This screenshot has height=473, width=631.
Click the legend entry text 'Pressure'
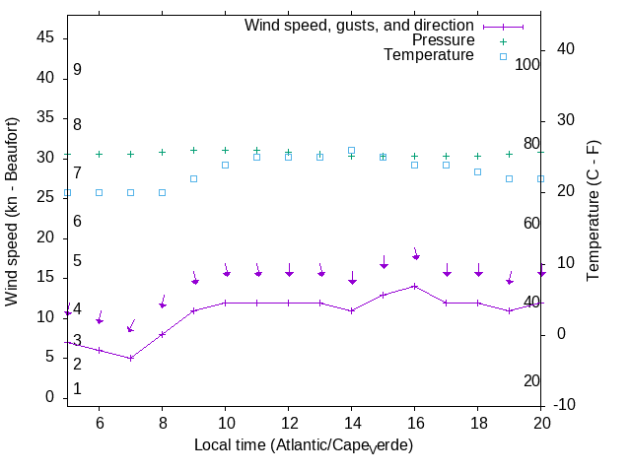coord(443,40)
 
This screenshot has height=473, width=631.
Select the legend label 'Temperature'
coord(429,55)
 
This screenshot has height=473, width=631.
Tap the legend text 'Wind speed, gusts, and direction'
coord(360,26)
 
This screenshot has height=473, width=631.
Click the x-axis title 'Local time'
coord(303,445)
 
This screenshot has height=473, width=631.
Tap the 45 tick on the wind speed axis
coord(46,36)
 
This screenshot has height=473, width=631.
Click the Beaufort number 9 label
coord(77,70)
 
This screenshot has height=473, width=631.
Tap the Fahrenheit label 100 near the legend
coord(527,64)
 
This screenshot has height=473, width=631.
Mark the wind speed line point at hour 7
coord(130,358)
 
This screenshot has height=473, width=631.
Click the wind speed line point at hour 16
coord(414,286)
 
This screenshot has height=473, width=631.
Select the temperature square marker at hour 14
coord(351,151)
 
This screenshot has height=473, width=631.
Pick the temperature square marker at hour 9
coord(193,178)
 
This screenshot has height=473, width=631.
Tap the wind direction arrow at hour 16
coord(415,254)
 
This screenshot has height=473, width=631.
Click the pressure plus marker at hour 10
coord(225,151)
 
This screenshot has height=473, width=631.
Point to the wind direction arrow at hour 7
coord(131,326)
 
